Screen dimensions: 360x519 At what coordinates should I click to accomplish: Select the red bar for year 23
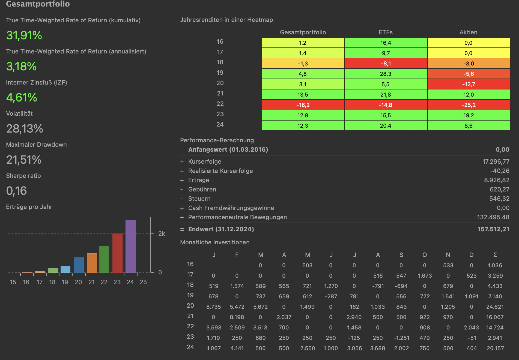coord(117,253)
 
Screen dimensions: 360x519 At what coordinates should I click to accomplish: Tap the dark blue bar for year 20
coord(79,265)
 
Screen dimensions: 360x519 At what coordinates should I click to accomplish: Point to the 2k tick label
coord(162,234)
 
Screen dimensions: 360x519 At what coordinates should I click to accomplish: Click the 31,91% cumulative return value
coord(24,35)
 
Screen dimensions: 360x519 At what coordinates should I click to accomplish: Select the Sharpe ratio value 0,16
coord(16,191)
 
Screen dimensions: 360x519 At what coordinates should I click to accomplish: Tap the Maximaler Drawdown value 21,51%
coord(24,160)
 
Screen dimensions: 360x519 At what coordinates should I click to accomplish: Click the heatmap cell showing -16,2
coord(303,105)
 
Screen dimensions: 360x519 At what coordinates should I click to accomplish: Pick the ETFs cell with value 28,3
coord(386,74)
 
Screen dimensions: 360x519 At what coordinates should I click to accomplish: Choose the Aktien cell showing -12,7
coord(469,84)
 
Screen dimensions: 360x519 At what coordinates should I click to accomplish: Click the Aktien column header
coord(468,32)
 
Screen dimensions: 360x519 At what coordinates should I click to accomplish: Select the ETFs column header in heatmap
coord(386,32)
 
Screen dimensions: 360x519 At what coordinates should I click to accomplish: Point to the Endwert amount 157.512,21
coord(493,229)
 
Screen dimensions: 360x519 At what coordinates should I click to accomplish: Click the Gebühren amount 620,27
coord(499,190)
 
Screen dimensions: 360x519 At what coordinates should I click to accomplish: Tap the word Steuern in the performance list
coord(199,199)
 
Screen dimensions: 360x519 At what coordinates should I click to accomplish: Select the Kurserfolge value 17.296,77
coord(496,162)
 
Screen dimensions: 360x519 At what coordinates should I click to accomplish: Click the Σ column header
coord(495,255)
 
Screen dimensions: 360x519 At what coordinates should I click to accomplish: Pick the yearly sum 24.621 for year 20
coord(495,307)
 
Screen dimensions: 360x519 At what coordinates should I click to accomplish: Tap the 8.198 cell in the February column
coord(237,317)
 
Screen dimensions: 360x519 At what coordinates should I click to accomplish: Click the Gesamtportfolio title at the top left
coord(38,4)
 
